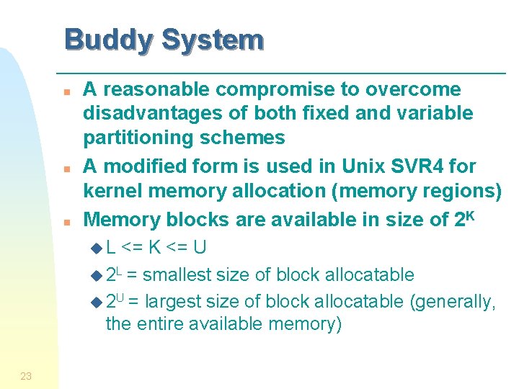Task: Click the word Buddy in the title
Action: tap(107, 40)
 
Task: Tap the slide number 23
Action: tap(26, 375)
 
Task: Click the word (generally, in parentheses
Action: tap(453, 300)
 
